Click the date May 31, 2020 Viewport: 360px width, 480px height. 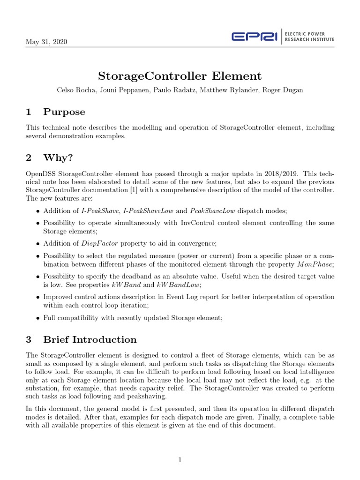tap(46, 42)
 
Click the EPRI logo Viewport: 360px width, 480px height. tap(255, 37)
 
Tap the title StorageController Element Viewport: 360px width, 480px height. tap(180, 76)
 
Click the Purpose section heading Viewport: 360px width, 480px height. tap(64, 112)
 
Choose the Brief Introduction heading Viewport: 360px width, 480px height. tap(90, 339)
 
